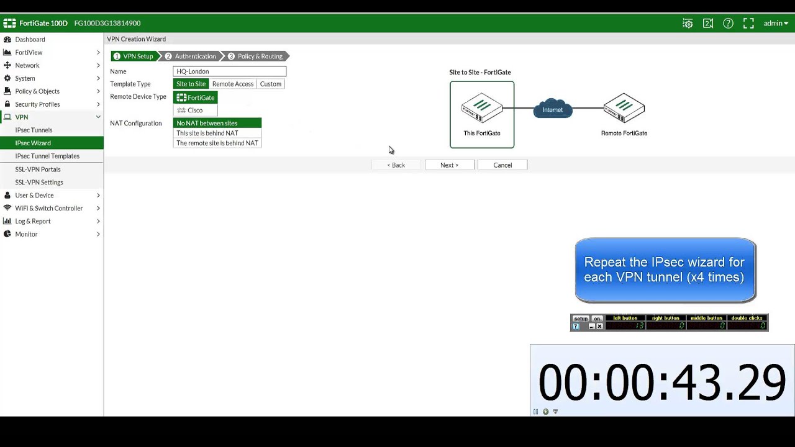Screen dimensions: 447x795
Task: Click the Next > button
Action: click(x=449, y=165)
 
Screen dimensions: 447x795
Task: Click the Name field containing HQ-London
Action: click(x=229, y=71)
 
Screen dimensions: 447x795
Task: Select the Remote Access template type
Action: click(x=233, y=84)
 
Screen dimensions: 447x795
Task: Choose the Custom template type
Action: click(x=271, y=84)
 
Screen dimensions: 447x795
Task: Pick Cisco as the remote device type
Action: click(x=195, y=110)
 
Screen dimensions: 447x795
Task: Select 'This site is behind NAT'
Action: click(x=207, y=133)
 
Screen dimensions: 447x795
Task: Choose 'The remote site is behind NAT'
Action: click(x=217, y=143)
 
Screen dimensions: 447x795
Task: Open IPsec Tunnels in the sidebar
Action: click(x=34, y=130)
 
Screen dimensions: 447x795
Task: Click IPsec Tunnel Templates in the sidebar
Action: click(x=47, y=156)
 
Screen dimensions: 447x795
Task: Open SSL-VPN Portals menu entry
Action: click(x=38, y=169)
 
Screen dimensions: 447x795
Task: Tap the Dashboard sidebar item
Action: click(x=30, y=39)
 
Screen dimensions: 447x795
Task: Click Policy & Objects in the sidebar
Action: click(x=37, y=91)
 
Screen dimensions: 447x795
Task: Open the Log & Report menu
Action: click(x=33, y=221)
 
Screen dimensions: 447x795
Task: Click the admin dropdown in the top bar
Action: click(x=776, y=23)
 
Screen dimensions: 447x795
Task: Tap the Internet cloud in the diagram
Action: click(x=553, y=109)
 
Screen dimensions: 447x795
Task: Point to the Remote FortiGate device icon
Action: click(x=624, y=108)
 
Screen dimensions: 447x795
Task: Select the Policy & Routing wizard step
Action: click(x=260, y=56)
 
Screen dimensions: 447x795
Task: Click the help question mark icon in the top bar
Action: click(x=728, y=23)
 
